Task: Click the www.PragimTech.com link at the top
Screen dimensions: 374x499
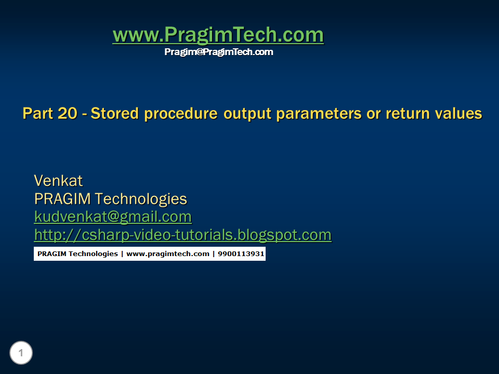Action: [x=218, y=35]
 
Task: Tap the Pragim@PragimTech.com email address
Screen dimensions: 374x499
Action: [x=218, y=52]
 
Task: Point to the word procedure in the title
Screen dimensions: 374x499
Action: [x=181, y=114]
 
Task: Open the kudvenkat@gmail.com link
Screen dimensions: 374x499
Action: [x=113, y=217]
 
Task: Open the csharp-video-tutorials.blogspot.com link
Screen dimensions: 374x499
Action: [x=182, y=235]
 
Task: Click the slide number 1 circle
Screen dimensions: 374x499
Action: [x=21, y=353]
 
